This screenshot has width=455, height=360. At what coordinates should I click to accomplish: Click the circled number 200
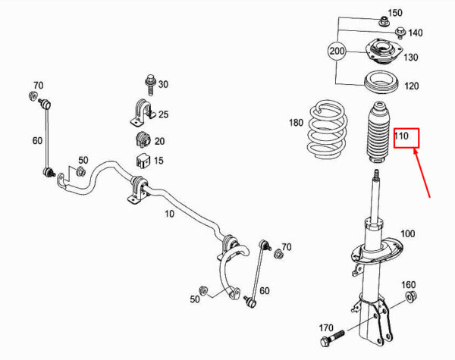click(337, 51)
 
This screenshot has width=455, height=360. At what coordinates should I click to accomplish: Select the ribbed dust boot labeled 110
click(378, 133)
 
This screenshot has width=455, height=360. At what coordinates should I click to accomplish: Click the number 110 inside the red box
click(401, 136)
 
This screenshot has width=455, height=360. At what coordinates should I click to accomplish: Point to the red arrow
click(422, 173)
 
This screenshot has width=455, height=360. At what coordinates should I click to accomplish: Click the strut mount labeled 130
click(384, 52)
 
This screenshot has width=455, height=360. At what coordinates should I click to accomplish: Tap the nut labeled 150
click(384, 20)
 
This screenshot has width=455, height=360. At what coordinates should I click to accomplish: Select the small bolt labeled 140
click(400, 33)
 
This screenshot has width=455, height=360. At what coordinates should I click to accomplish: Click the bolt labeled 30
click(150, 85)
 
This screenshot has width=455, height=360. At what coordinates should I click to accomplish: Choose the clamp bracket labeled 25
click(142, 113)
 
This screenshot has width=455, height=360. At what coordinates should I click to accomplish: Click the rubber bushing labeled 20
click(143, 139)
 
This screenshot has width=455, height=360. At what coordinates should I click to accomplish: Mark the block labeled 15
click(143, 161)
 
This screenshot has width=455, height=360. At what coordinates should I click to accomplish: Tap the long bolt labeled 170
click(332, 339)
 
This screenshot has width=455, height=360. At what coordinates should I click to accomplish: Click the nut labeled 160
click(411, 296)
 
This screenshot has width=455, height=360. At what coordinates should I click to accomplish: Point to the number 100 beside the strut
click(408, 233)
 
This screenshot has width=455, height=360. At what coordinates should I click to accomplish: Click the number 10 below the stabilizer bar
click(169, 214)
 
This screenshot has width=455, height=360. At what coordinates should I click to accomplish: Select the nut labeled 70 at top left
click(33, 95)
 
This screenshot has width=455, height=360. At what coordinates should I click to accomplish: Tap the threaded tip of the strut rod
click(377, 174)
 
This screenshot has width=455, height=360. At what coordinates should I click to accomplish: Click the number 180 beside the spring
click(296, 123)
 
